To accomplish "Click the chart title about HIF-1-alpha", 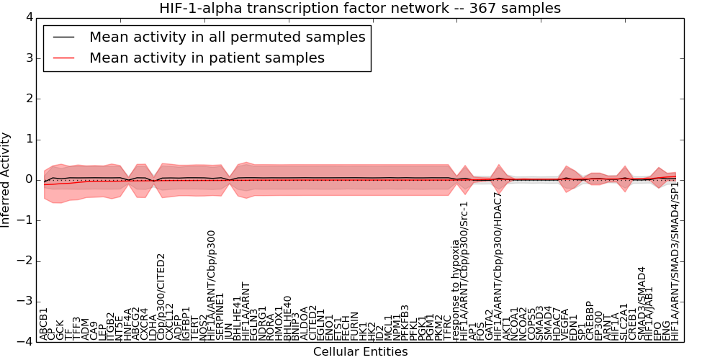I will pyautogui.click(x=360, y=8).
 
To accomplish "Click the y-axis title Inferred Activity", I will pyautogui.click(x=6, y=179).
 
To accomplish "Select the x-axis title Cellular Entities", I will pyautogui.click(x=360, y=352).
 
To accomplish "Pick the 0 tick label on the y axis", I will pyautogui.click(x=29, y=179).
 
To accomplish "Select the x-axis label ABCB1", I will pyautogui.click(x=44, y=324).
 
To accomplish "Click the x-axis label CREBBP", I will pyautogui.click(x=590, y=320).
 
